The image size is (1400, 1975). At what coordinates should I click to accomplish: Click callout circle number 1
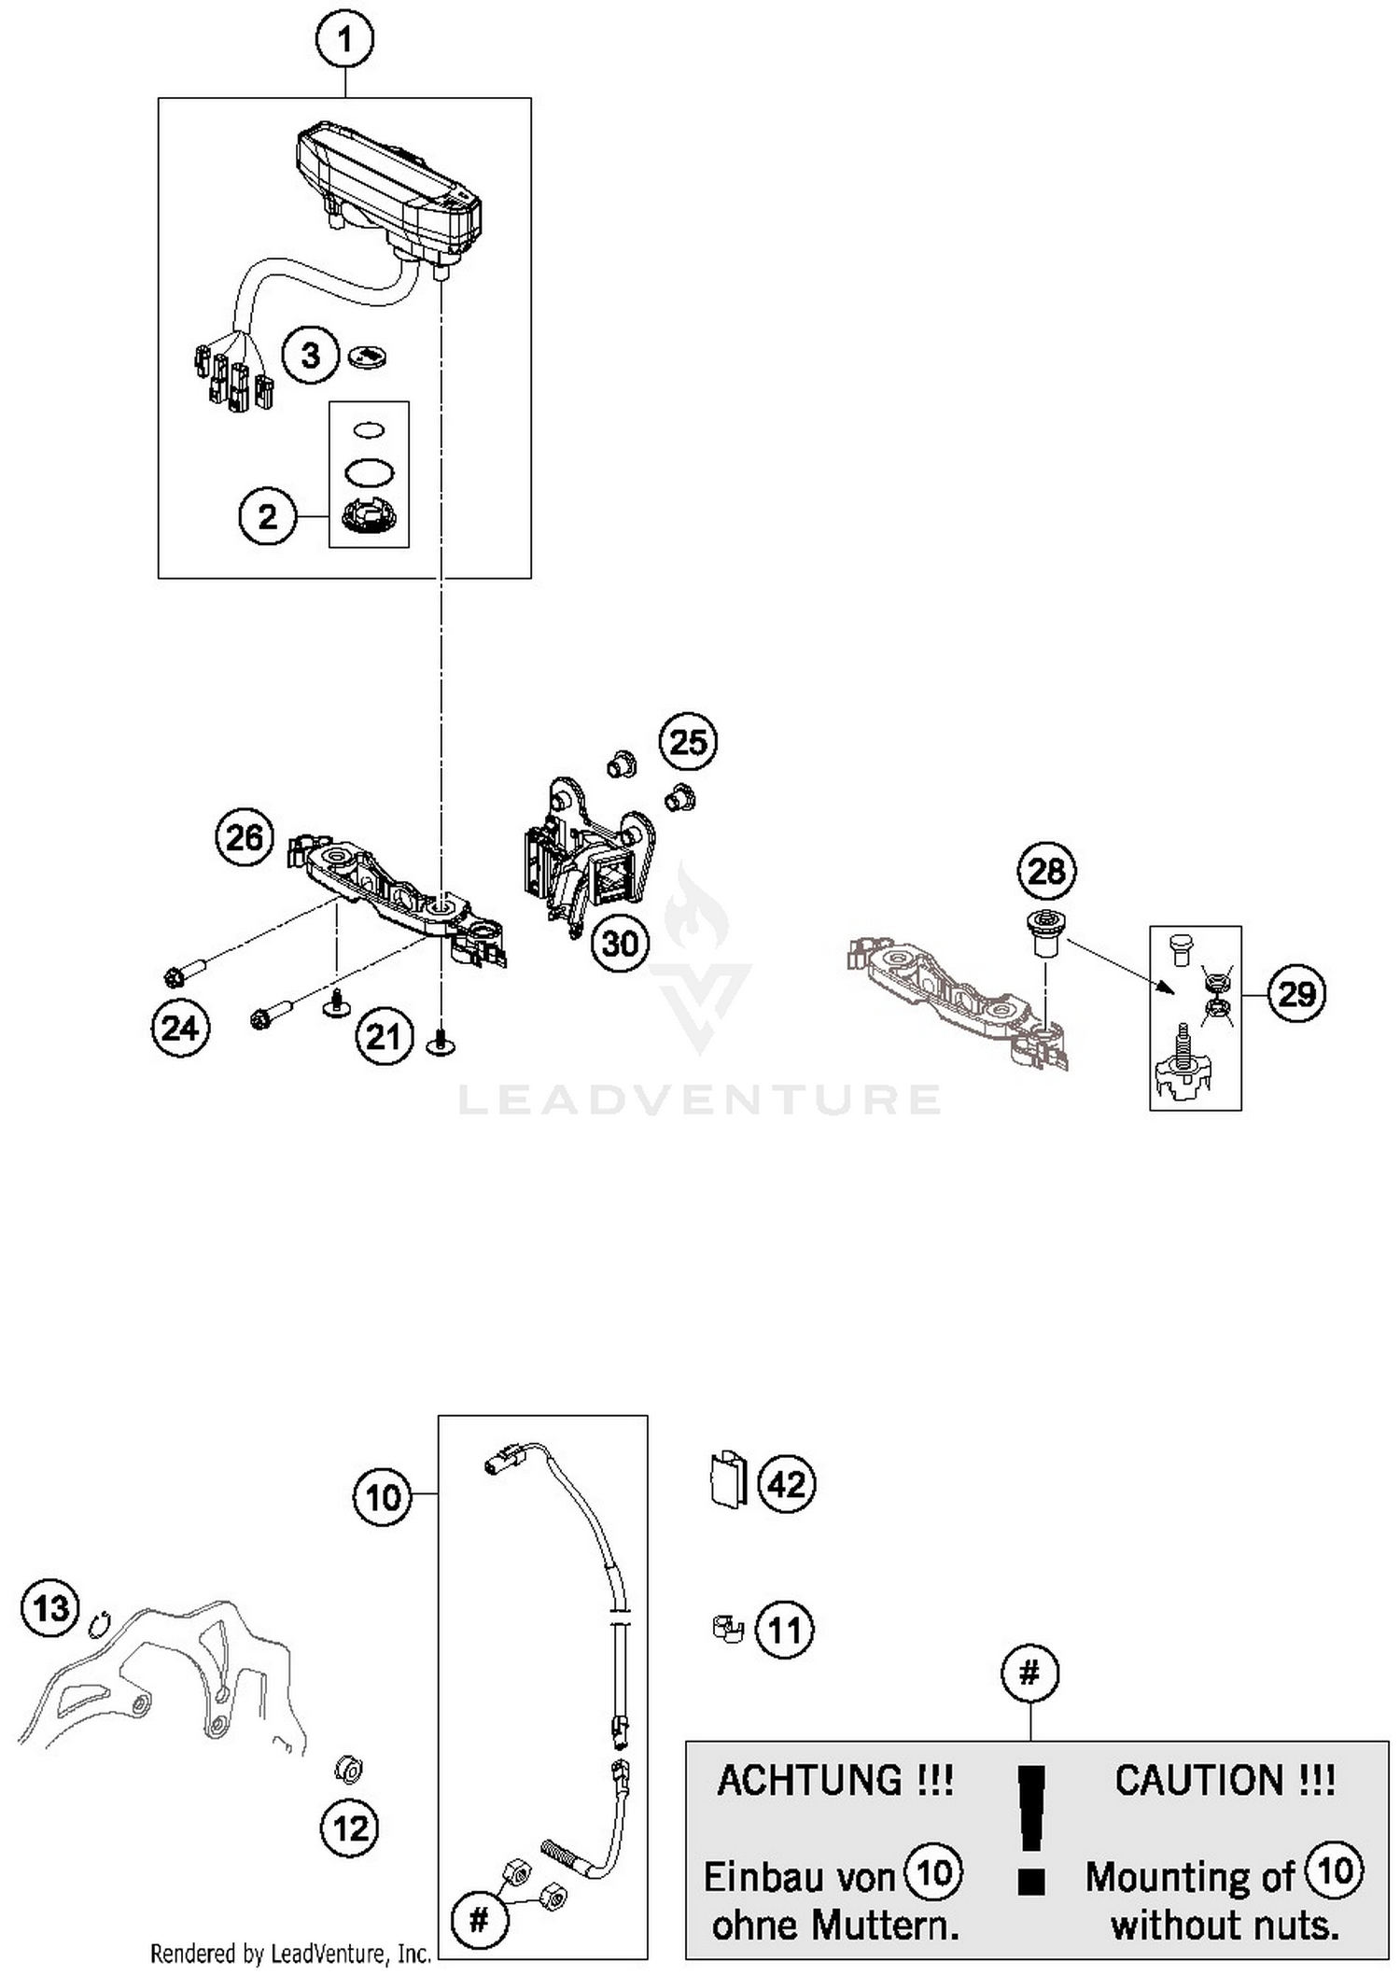(x=345, y=40)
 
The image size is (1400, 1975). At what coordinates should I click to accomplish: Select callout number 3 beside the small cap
(x=310, y=356)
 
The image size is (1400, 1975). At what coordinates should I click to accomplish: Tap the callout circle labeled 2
(x=267, y=516)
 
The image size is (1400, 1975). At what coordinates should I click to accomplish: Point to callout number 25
(x=688, y=742)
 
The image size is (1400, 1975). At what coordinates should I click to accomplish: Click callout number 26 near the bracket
(x=245, y=837)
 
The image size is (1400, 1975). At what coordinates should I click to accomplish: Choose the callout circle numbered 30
(x=620, y=944)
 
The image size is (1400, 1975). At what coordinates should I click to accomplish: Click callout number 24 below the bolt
(x=180, y=1029)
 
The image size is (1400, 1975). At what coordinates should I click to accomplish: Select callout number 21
(x=383, y=1036)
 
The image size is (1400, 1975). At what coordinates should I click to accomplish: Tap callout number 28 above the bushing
(x=1046, y=871)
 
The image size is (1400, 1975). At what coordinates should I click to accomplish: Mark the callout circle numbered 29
(x=1296, y=994)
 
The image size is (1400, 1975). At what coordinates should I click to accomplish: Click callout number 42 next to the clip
(x=786, y=1484)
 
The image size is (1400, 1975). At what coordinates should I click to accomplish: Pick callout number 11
(x=784, y=1630)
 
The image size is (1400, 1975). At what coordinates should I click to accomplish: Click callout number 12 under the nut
(x=350, y=1828)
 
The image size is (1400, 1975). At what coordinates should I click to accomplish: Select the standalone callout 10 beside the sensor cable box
(x=383, y=1498)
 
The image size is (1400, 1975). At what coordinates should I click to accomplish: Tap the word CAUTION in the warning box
(x=1225, y=1781)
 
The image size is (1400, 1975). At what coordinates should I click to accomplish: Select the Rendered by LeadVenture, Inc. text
(x=290, y=1953)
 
